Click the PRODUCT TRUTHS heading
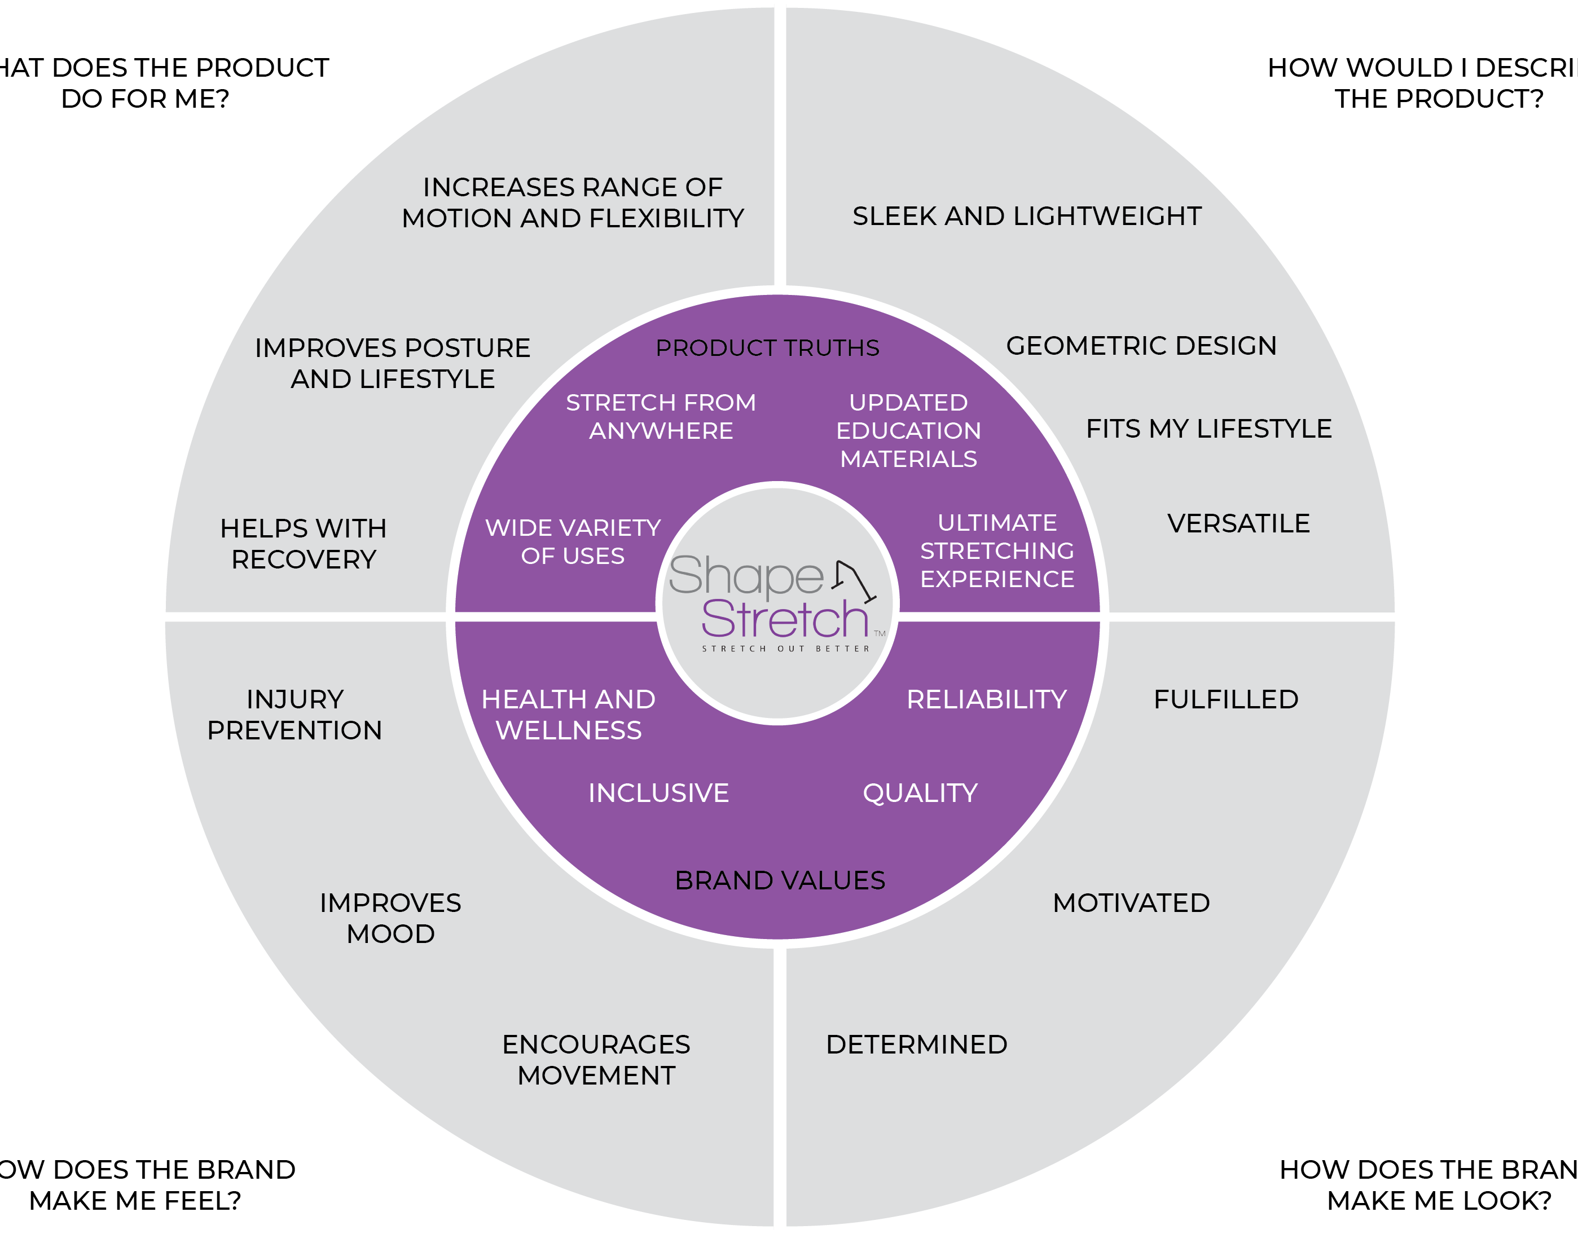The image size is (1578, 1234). (767, 348)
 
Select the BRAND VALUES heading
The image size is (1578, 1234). (780, 881)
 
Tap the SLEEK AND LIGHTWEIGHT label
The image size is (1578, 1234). (1027, 216)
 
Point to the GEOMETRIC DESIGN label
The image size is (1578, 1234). (1141, 346)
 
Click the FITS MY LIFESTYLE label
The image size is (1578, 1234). (1209, 429)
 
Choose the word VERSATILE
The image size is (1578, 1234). (1238, 524)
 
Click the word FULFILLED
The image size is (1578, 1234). (1226, 699)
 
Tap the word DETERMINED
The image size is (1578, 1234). (916, 1045)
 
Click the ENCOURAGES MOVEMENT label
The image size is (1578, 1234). (596, 1060)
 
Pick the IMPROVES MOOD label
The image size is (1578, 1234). (390, 918)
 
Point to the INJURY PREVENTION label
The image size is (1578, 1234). (295, 715)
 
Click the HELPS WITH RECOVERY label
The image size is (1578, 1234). (304, 544)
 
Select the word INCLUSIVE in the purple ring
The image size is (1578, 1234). (658, 794)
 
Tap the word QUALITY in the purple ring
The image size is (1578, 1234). (920, 794)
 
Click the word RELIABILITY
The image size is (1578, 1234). (986, 699)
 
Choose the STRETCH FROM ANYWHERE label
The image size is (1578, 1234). (661, 416)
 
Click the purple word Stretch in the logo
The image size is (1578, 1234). (785, 619)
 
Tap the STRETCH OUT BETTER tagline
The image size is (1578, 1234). (786, 649)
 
